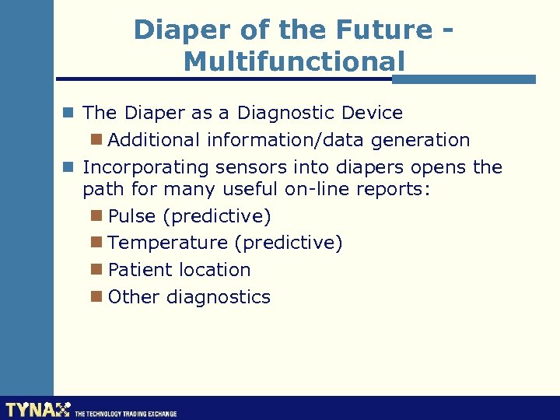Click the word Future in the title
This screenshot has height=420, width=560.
tap(383, 30)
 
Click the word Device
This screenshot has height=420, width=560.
tap(373, 113)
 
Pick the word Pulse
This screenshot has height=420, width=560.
tap(132, 215)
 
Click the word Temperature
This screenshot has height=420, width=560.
tap(167, 243)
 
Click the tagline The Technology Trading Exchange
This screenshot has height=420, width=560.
tap(125, 414)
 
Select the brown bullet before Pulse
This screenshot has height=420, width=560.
tap(96, 215)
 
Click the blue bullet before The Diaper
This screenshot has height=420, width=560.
tap(69, 112)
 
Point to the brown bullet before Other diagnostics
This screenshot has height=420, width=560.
tap(96, 296)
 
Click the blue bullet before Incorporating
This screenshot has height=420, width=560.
tap(69, 166)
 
